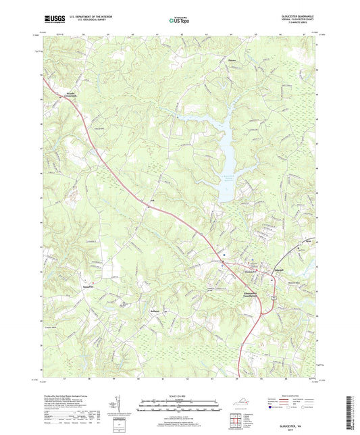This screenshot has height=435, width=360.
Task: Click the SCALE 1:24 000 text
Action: pyautogui.click(x=180, y=394)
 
